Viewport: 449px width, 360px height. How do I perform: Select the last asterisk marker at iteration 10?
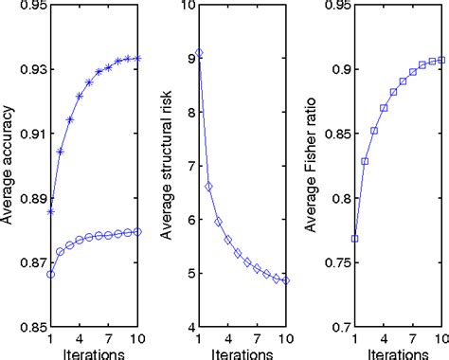click(139, 59)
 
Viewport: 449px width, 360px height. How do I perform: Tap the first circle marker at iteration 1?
click(50, 274)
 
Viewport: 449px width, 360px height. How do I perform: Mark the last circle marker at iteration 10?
click(139, 232)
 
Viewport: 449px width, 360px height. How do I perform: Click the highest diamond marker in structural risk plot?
click(198, 53)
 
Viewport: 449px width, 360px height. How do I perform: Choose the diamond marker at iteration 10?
click(287, 280)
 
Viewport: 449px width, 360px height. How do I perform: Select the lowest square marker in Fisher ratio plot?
click(355, 239)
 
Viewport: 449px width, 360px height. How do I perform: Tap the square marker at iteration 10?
click(442, 60)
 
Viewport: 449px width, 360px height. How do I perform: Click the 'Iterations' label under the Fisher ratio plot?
click(399, 352)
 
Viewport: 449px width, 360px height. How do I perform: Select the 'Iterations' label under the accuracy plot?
click(95, 352)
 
